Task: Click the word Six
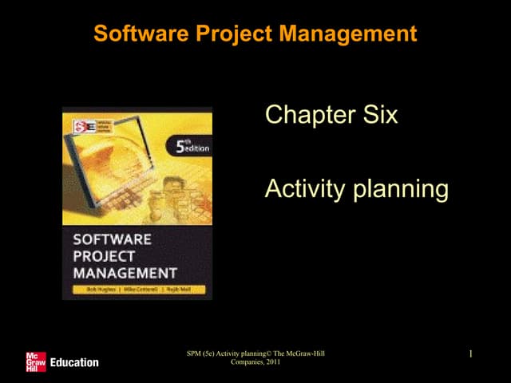point(378,116)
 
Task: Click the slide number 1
point(472,353)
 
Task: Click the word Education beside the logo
point(74,362)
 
